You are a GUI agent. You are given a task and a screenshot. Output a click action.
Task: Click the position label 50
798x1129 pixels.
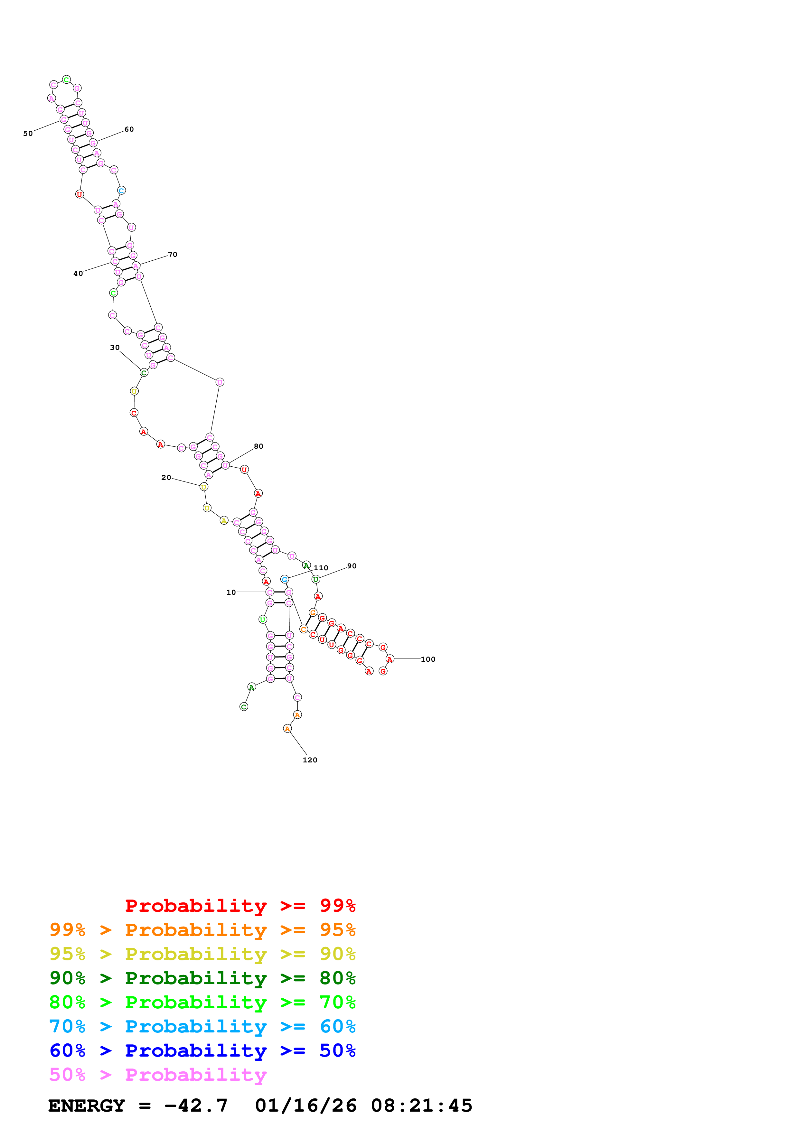[28, 134]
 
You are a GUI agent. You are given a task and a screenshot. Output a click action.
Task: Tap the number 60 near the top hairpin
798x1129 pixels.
[129, 129]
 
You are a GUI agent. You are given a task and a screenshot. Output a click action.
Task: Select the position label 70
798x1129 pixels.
[173, 255]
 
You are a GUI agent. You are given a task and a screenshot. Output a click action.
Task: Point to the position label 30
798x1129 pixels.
[115, 348]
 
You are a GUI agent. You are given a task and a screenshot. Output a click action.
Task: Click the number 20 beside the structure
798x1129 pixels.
[166, 478]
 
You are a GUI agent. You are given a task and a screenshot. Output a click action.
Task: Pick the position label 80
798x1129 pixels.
[258, 446]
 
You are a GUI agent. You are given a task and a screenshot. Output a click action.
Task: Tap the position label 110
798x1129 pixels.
[321, 568]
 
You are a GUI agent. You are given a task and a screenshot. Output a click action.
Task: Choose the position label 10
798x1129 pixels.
[231, 592]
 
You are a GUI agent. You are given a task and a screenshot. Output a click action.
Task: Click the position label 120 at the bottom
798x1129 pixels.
[310, 760]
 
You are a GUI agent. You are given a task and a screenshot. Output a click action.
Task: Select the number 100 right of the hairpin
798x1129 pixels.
[428, 659]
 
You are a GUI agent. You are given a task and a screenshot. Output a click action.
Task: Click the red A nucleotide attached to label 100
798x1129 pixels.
[390, 659]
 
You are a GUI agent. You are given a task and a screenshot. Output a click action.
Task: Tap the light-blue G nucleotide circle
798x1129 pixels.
[285, 579]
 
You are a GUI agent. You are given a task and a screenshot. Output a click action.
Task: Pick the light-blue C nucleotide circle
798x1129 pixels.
[121, 190]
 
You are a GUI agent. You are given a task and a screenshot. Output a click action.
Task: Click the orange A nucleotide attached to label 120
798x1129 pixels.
[288, 729]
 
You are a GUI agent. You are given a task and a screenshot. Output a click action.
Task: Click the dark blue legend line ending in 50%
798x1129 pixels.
[202, 1051]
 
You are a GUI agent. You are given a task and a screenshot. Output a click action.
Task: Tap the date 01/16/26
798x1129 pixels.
[306, 1106]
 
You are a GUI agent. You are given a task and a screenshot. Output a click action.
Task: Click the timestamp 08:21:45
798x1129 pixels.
[421, 1106]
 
